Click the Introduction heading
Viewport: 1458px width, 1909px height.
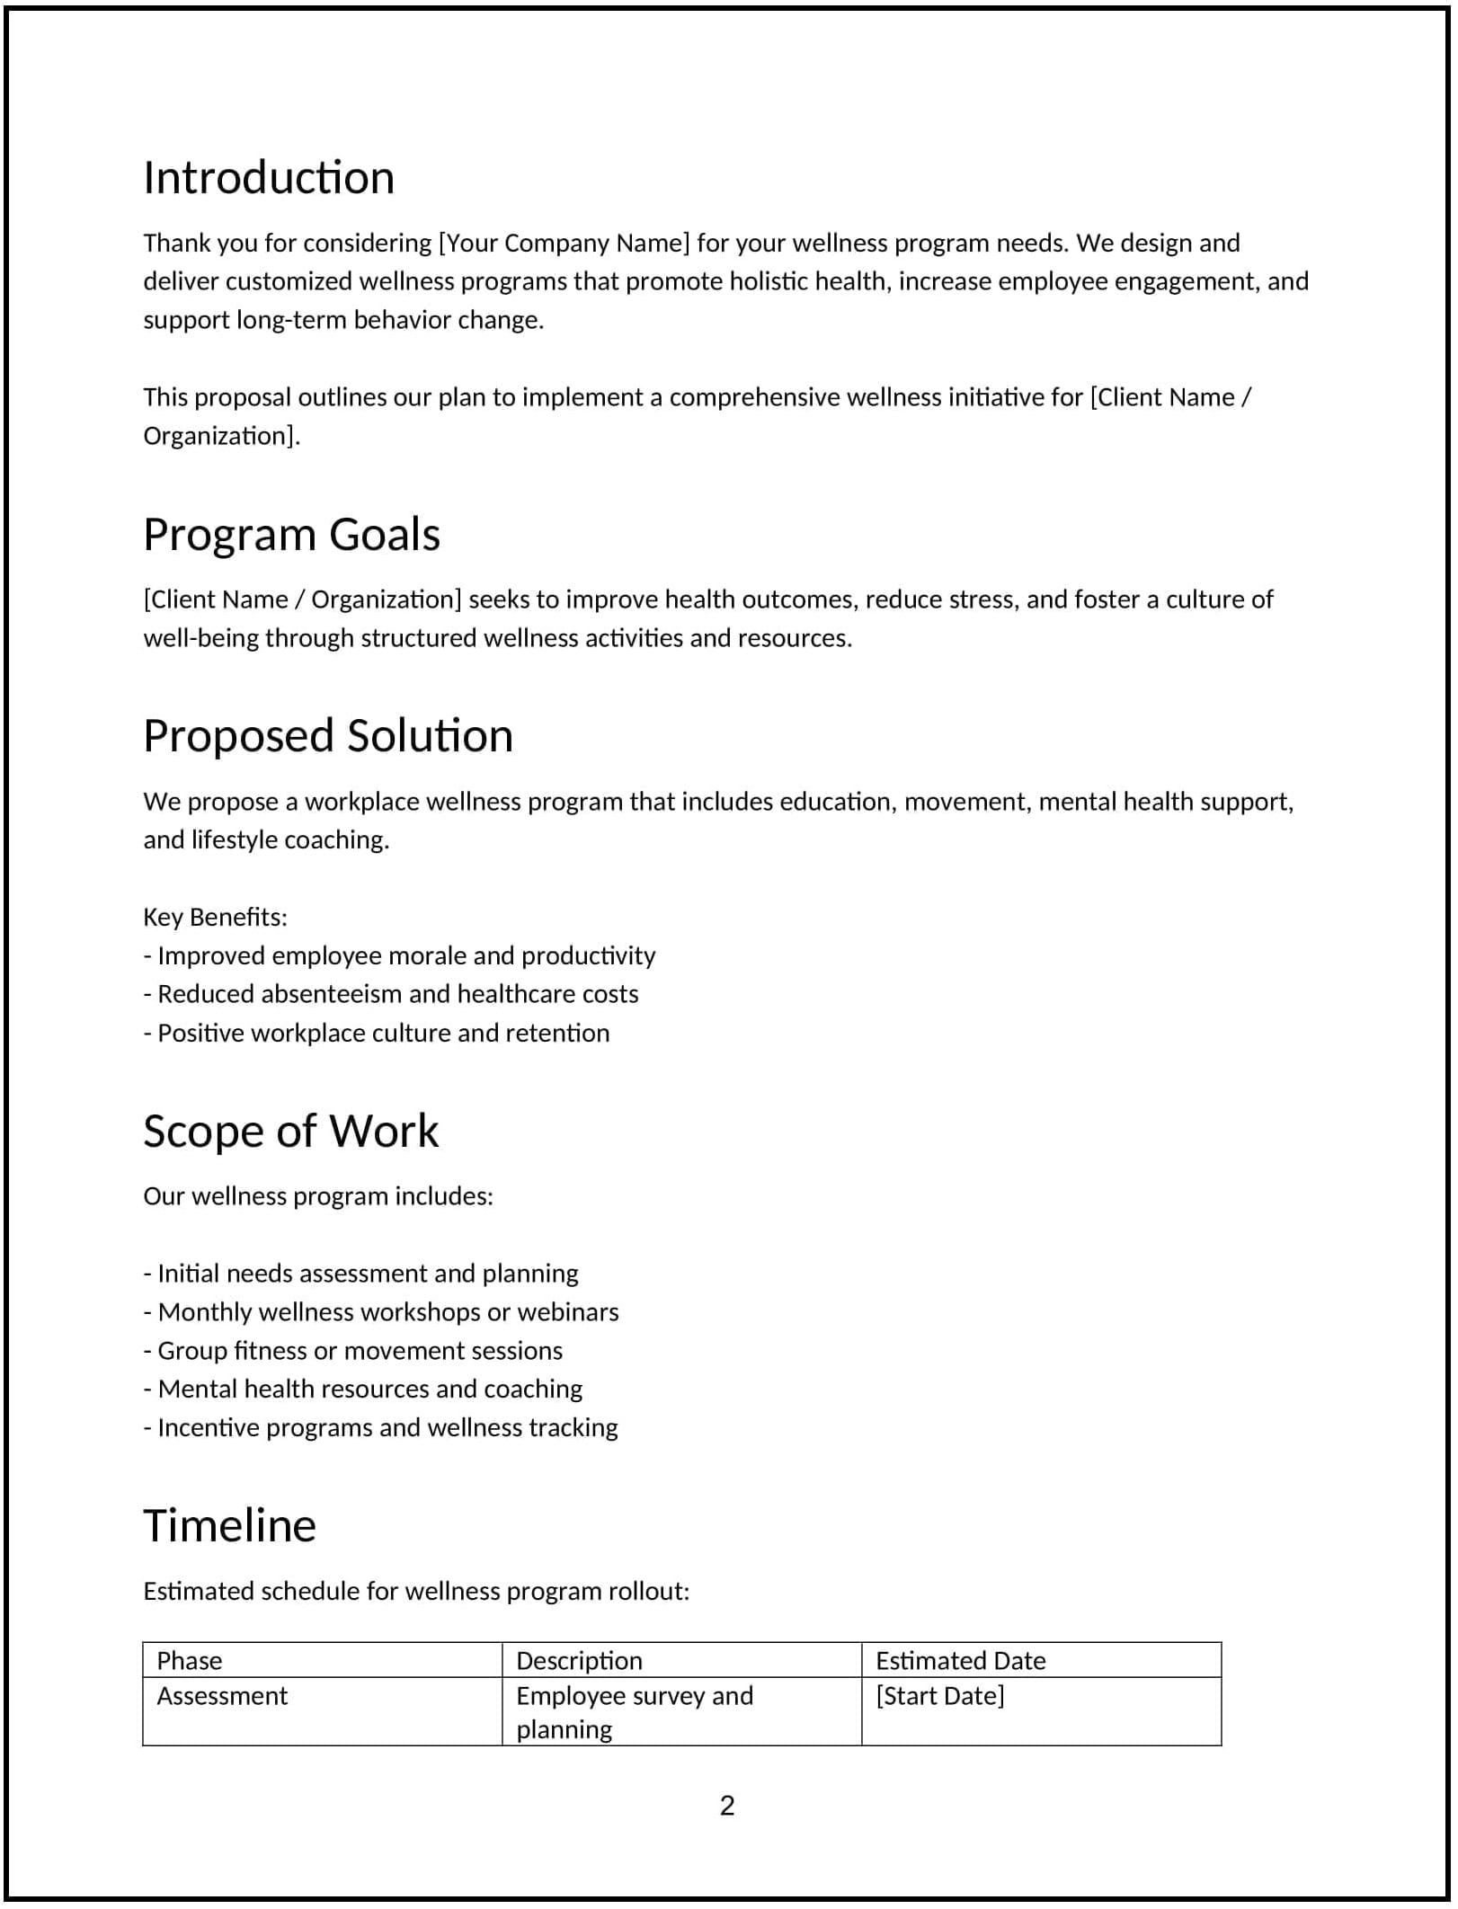point(269,178)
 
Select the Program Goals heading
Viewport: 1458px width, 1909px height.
point(291,535)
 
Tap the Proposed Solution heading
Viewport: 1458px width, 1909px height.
point(328,736)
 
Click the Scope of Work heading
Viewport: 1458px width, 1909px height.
point(290,1131)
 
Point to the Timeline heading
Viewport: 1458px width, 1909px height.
point(229,1526)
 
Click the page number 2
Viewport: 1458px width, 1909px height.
point(727,1805)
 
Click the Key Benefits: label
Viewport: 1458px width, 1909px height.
point(215,917)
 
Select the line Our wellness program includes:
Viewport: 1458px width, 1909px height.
point(318,1196)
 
